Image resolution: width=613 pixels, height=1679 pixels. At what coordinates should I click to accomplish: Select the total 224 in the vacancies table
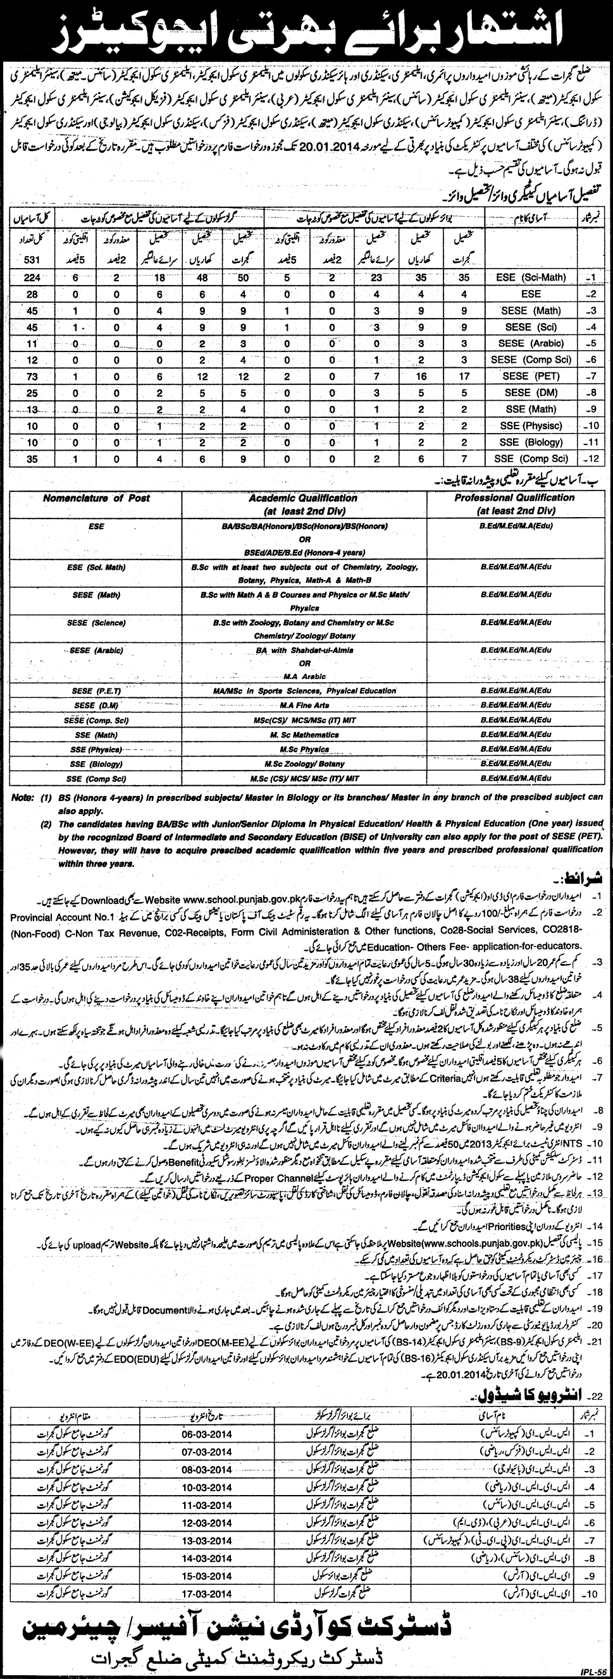point(30,278)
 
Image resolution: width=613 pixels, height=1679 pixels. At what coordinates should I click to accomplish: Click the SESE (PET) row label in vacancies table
point(525,376)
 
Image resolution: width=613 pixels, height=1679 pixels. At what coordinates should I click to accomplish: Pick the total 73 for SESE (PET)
point(30,376)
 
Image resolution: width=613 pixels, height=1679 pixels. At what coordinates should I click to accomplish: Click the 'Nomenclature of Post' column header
point(96,498)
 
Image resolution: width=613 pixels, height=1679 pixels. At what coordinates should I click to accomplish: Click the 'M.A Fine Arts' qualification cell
point(304,705)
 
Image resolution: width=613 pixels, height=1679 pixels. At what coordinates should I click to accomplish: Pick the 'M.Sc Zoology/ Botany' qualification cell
point(304,763)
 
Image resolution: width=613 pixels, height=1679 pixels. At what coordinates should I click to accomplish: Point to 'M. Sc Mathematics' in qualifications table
point(304,735)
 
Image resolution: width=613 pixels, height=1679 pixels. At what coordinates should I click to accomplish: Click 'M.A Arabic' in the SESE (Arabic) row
point(304,676)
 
